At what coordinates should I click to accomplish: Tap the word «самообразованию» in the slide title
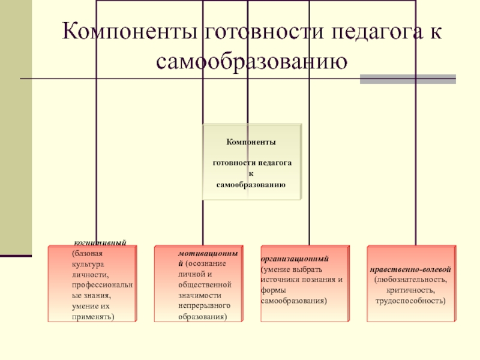(251, 60)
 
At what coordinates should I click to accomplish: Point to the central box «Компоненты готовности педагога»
(251, 162)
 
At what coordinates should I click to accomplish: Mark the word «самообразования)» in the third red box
(294, 300)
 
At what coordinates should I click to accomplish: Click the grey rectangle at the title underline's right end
(407, 79)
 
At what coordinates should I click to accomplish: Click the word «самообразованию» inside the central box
(251, 184)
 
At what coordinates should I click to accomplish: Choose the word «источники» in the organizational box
(282, 280)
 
